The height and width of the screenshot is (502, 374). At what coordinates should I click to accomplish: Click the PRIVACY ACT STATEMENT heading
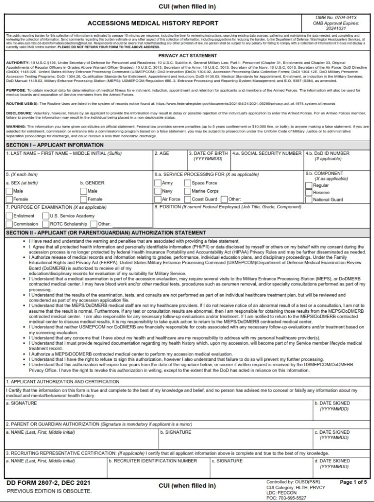coord(187,55)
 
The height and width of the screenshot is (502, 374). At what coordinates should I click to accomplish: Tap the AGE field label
coord(162,153)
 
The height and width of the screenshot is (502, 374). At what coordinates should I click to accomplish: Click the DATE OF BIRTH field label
coord(208,153)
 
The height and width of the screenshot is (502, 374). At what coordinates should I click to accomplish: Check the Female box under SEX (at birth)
coord(9,200)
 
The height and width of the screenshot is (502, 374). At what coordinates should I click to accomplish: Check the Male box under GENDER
coord(83,191)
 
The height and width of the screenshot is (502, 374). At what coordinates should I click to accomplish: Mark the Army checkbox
coord(158,183)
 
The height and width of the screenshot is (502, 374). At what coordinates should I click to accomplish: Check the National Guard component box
coord(308,200)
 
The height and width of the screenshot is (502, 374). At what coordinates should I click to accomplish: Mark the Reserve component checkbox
coord(308,193)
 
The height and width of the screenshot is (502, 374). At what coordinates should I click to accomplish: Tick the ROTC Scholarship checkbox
coord(46,224)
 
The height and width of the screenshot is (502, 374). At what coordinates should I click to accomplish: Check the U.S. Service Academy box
coord(46,216)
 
